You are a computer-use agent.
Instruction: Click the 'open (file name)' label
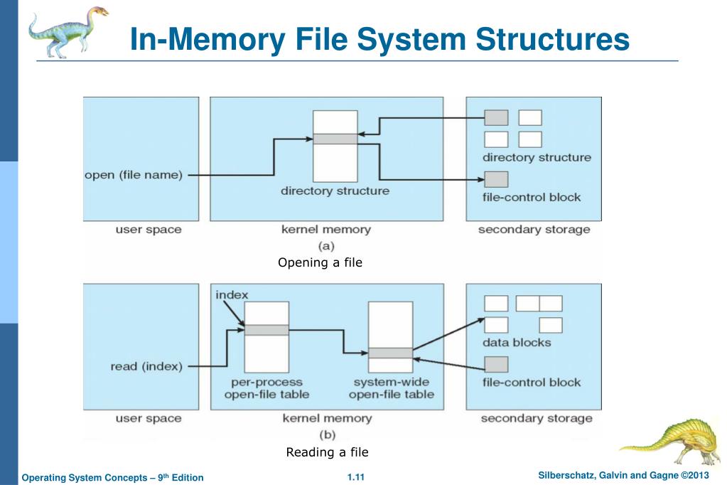tap(134, 176)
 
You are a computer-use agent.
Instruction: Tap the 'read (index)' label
tap(146, 367)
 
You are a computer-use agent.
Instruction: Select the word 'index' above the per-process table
tap(232, 294)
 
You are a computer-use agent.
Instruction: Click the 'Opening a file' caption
tap(321, 262)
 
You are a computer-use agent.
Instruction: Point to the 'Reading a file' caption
tap(328, 452)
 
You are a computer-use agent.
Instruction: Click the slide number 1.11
tap(355, 477)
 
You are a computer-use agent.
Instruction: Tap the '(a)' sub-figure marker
tap(326, 246)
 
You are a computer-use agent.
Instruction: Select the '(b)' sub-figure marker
tap(328, 435)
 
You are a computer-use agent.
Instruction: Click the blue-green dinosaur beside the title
tap(68, 33)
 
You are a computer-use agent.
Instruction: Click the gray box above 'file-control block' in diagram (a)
tap(496, 179)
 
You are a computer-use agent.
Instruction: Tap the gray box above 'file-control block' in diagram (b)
tap(496, 364)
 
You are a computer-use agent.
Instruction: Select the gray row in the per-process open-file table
tap(266, 330)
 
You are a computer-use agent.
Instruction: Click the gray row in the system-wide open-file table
tap(390, 353)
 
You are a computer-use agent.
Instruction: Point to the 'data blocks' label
tap(517, 343)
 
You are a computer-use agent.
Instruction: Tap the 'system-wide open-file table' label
tap(392, 388)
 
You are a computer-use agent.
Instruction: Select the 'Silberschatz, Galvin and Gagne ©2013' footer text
tap(624, 475)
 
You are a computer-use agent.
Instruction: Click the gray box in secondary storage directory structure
tap(496, 118)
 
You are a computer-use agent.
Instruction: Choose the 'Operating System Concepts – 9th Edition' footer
tap(113, 478)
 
